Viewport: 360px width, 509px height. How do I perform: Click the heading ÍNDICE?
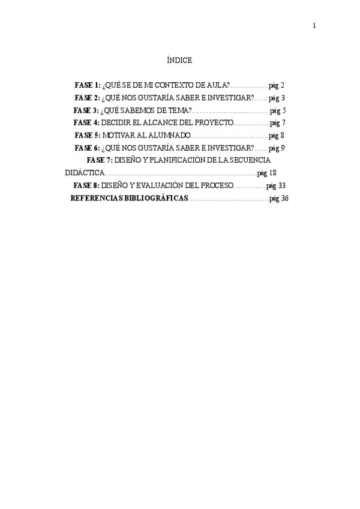coord(179,61)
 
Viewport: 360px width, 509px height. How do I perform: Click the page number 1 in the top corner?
coord(314,25)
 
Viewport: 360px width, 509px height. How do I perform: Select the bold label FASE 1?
coord(87,85)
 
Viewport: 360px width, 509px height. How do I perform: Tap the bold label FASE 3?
coord(86,110)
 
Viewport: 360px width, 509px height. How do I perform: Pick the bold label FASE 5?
coord(87,136)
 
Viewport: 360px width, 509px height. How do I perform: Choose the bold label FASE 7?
coord(100,160)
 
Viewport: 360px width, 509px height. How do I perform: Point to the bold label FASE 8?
coord(86,185)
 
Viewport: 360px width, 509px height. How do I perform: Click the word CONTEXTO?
coord(166,85)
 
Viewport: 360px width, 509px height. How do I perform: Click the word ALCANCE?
coord(162,123)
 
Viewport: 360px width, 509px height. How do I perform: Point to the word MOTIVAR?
coord(118,136)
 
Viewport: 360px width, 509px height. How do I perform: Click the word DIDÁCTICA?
coord(83,173)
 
